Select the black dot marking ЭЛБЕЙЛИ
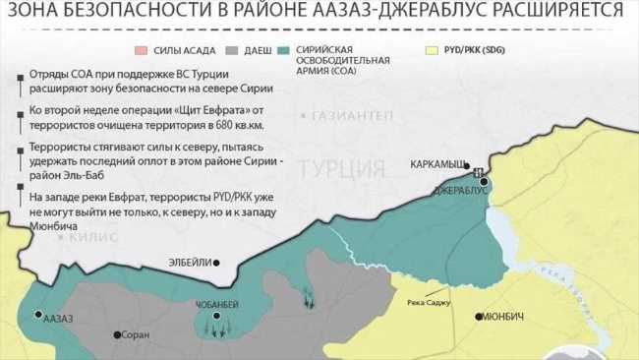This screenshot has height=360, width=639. (217, 262)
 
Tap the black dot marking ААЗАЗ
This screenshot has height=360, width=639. (38, 316)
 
